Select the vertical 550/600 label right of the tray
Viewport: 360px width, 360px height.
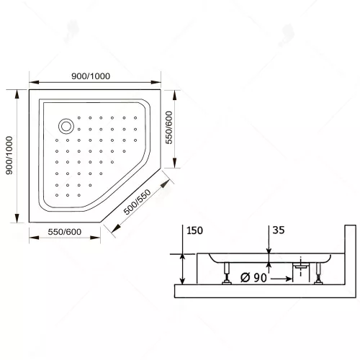click(x=170, y=127)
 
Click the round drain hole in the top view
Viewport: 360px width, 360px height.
click(x=66, y=126)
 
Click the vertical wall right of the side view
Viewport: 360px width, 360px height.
click(x=350, y=259)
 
